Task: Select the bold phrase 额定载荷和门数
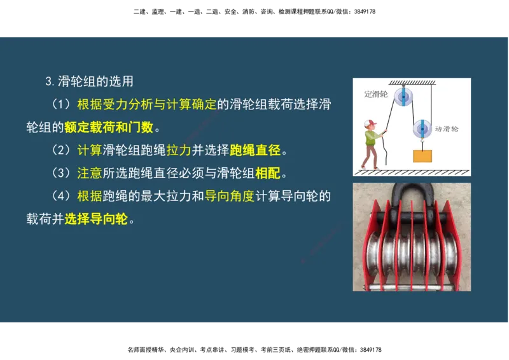tap(109, 127)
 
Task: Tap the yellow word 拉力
tap(179, 150)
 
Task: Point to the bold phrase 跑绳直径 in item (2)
tap(255, 150)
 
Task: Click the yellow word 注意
tap(89, 173)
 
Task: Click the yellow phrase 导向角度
tap(229, 196)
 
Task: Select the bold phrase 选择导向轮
tap(96, 219)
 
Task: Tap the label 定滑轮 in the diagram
tap(375, 94)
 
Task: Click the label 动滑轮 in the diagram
tap(447, 129)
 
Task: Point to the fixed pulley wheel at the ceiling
tap(403, 97)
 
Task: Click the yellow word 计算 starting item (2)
tap(89, 150)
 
